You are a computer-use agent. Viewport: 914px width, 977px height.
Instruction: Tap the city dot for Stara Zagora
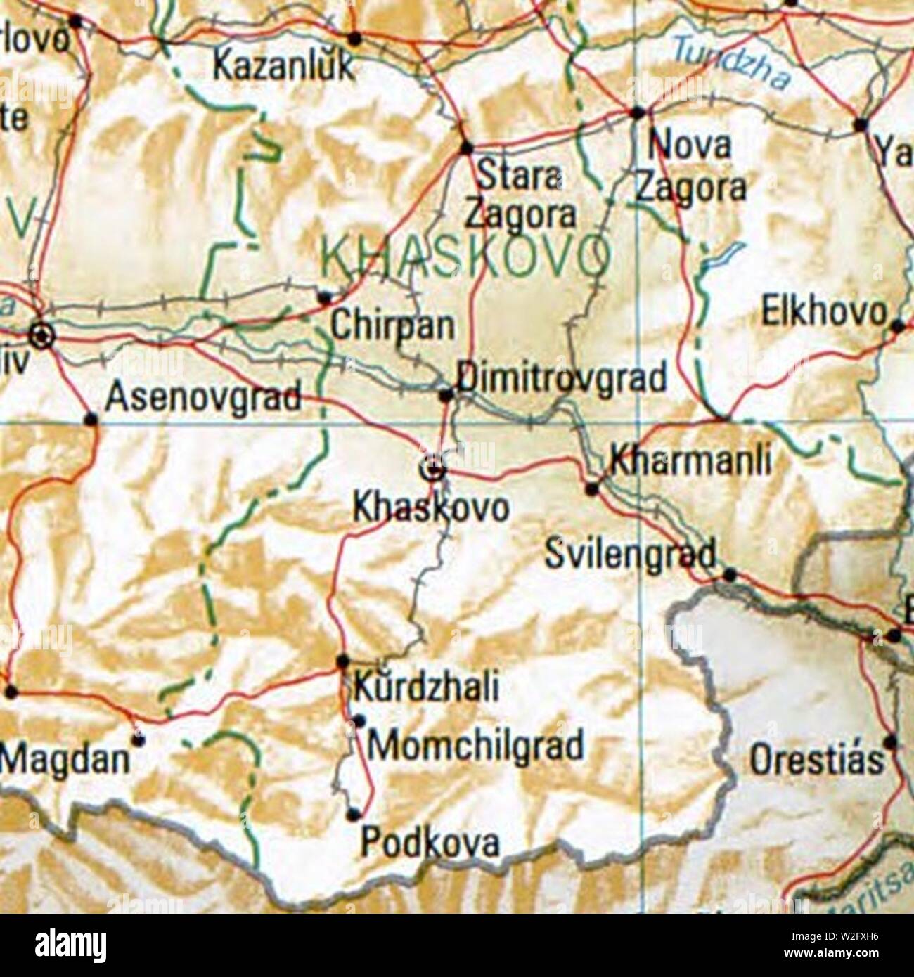click(x=466, y=148)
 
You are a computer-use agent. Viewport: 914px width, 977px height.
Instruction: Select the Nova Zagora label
click(x=692, y=167)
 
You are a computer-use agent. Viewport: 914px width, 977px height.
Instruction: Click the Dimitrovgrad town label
click(x=561, y=378)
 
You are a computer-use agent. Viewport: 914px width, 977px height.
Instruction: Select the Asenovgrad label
click(x=203, y=397)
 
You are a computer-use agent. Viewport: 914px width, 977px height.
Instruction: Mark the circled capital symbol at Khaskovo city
click(x=435, y=469)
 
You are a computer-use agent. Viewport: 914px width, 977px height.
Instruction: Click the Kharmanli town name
click(x=690, y=460)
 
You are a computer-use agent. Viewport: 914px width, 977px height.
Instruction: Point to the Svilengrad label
click(x=631, y=554)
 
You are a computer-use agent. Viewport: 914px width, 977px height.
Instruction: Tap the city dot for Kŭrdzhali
click(x=342, y=661)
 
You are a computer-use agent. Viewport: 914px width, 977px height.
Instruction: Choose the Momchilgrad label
click(x=475, y=745)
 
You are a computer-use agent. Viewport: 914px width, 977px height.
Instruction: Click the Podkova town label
click(x=430, y=842)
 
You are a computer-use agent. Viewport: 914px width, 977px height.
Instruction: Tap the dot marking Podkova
click(x=354, y=815)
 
